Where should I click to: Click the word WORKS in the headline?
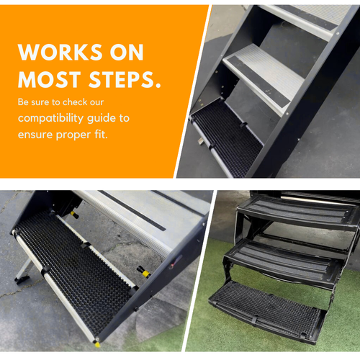pyautogui.click(x=60, y=52)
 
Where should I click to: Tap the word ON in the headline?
pyautogui.click(x=127, y=52)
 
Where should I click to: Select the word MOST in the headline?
pyautogui.click(x=50, y=79)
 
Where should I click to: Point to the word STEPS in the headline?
pyautogui.click(x=125, y=79)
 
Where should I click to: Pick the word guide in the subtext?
pyautogui.click(x=101, y=118)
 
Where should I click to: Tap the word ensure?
pyautogui.click(x=35, y=135)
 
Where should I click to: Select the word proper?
pyautogui.click(x=73, y=135)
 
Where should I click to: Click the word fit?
pyautogui.click(x=101, y=134)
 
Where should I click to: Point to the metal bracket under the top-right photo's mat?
pyautogui.click(x=201, y=141)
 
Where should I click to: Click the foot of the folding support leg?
pyautogui.click(x=22, y=280)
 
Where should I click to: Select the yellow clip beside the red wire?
pyautogui.click(x=144, y=272)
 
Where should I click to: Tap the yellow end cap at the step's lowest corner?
pyautogui.click(x=97, y=344)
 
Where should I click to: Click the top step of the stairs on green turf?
pyautogui.click(x=299, y=212)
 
